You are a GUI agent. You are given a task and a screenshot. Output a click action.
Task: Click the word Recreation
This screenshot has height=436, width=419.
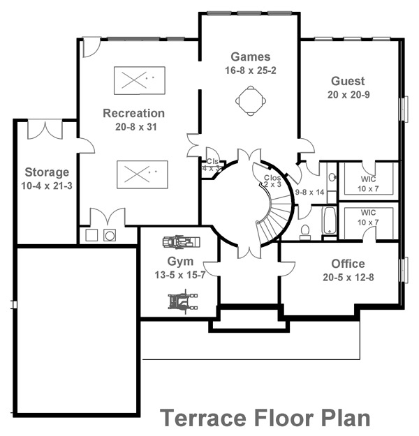133,113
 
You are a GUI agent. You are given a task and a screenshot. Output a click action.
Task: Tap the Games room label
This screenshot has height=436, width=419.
250,57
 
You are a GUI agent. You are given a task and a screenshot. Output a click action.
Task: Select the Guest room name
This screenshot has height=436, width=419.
348,81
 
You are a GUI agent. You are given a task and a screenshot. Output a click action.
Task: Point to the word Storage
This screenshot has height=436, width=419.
47,172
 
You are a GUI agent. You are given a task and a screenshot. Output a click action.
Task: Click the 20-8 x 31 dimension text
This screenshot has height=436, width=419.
133,127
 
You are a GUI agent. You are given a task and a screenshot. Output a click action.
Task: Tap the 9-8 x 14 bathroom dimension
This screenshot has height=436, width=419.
310,191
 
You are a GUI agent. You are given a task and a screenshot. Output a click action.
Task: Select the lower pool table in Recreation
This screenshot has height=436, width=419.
140,172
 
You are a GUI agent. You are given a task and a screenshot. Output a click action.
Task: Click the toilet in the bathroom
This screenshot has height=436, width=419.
304,230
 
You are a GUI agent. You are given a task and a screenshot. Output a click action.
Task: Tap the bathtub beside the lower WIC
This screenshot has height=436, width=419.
328,222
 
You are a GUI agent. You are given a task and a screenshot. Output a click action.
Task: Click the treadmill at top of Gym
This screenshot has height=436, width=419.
179,243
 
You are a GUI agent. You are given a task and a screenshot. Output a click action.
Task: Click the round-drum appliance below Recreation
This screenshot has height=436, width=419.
110,236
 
